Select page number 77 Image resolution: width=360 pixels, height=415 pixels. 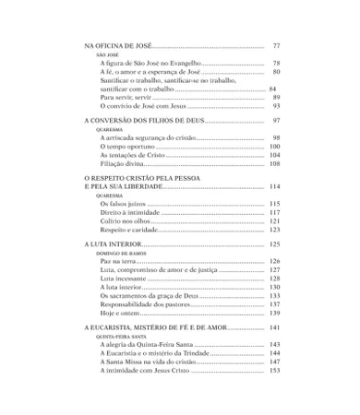click(276, 45)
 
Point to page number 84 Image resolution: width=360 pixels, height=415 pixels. click(272, 89)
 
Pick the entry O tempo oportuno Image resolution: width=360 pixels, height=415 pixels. click(127, 147)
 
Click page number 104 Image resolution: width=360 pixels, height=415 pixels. click(274, 155)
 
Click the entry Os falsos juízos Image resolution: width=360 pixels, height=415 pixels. click(123, 204)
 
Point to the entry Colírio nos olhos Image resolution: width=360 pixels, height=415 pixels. click(125, 221)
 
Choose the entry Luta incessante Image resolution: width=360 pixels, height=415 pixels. click(124, 279)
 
